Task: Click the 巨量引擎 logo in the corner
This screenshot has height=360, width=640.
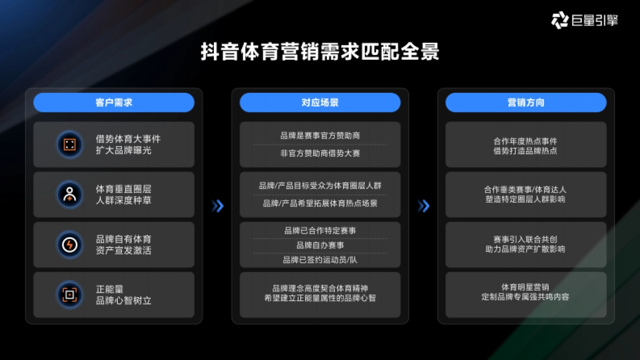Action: coord(583,21)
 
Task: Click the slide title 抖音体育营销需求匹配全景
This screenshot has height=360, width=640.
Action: coord(319,53)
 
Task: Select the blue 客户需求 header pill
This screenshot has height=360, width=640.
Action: coord(114,102)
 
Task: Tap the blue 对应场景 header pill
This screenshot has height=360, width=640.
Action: coord(320,102)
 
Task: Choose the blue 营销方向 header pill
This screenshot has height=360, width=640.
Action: coord(526,102)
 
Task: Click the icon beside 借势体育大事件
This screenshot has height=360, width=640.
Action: coord(70,145)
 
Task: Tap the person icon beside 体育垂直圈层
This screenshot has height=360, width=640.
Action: coord(70,195)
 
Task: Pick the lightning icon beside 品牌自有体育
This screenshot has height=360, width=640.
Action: coord(70,245)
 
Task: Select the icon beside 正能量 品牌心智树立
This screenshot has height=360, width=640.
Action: coord(70,294)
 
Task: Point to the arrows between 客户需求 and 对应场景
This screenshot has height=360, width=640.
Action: coord(217,206)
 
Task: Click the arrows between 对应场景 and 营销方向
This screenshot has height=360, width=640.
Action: coord(423,206)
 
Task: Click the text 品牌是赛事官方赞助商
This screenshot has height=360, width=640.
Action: coord(320,135)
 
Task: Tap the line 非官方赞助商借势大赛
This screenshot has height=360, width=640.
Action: coord(320,153)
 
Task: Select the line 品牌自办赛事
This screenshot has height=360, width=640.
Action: coord(320,245)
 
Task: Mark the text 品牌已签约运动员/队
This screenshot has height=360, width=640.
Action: coord(320,260)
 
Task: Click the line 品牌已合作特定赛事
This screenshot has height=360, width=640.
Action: coord(320,230)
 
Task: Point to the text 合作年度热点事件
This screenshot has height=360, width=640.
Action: coord(525,141)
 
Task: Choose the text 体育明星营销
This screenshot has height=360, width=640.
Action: coord(525,287)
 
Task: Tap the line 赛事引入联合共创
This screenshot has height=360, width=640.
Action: coord(525,239)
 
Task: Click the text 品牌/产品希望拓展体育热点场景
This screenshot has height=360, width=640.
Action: coord(320,203)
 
